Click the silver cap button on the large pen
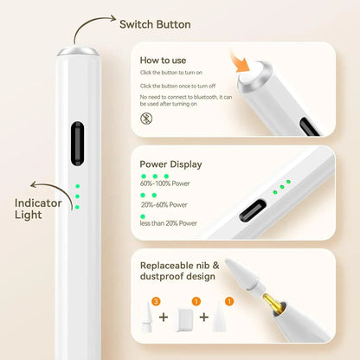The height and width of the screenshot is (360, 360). tap(77, 51)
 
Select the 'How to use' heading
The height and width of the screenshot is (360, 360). tap(162, 61)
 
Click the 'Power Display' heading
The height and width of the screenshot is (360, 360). tap(170, 163)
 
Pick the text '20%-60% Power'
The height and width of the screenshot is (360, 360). tap(164, 205)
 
